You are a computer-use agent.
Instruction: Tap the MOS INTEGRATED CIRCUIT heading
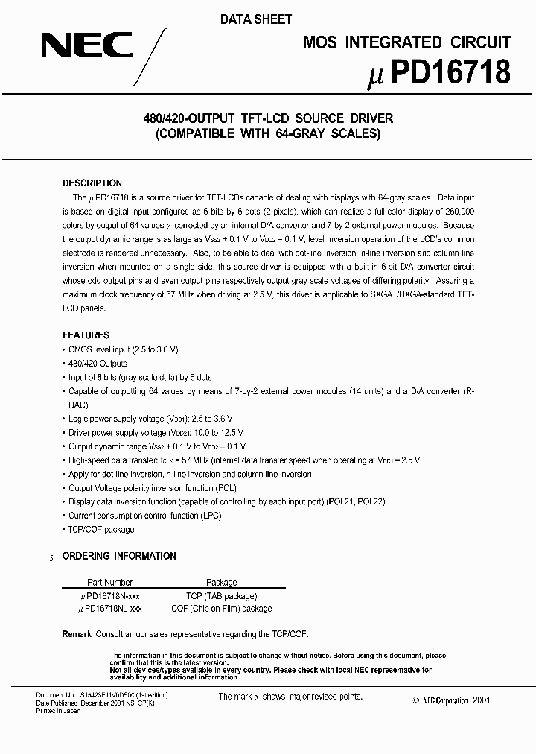(406, 42)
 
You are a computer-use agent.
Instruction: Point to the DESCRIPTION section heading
(92, 183)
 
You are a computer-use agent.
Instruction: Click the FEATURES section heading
(86, 335)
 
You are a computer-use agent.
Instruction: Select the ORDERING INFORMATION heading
(119, 556)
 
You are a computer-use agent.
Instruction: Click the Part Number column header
(110, 583)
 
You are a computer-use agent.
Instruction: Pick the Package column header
(221, 583)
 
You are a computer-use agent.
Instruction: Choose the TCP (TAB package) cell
(221, 596)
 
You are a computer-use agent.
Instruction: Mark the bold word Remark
(77, 634)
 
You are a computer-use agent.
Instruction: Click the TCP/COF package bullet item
(100, 530)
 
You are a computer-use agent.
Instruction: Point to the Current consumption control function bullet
(134, 516)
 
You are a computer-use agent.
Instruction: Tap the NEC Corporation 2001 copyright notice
(451, 700)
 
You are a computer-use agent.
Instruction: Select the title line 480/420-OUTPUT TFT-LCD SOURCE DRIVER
(267, 118)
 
